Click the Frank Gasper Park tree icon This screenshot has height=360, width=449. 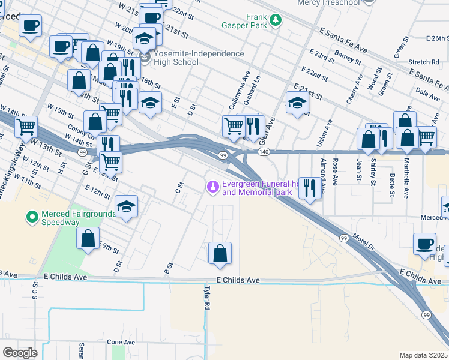tap(276, 20)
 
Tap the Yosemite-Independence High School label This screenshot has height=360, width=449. tap(198, 58)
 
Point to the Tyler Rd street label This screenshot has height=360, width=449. tap(206, 297)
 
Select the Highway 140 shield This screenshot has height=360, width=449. tap(264, 153)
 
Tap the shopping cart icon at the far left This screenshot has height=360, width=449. tap(26, 127)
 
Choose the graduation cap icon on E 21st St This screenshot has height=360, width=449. tap(297, 103)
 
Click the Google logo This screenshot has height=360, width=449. tap(19, 352)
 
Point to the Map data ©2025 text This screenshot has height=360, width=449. tap(423, 355)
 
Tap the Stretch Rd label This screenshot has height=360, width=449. tap(423, 62)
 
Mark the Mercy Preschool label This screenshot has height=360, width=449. tap(329, 3)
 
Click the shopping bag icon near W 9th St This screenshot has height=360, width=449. tap(88, 238)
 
